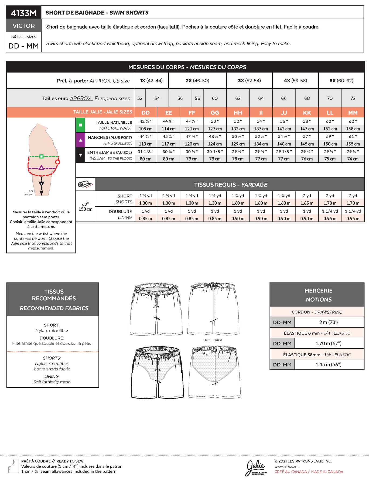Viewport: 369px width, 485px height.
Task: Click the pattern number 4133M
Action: tap(24, 13)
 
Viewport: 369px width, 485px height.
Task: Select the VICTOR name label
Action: tap(24, 26)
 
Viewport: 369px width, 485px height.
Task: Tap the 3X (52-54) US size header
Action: tap(249, 81)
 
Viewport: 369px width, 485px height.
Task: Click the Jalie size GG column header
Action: tap(215, 113)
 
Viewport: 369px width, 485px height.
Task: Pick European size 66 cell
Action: tap(284, 98)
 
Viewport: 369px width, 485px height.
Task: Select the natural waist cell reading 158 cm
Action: tap(353, 129)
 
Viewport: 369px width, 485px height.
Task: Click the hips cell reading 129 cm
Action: tap(238, 144)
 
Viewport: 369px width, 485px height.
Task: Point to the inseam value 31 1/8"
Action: tap(145, 152)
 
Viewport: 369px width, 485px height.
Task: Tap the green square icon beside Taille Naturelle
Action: tap(80, 125)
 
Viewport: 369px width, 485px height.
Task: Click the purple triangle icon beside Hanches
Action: tap(80, 140)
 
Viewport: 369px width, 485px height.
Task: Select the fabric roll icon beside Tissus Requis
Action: tap(85, 184)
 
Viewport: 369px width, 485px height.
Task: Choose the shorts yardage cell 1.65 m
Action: tap(307, 203)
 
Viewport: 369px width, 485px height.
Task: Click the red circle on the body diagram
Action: tap(57, 162)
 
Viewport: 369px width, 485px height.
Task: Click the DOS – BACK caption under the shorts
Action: tap(213, 340)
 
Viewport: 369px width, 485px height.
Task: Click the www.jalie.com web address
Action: tap(286, 466)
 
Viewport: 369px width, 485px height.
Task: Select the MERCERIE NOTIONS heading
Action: tap(318, 295)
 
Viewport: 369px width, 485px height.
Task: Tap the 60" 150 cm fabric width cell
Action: tap(85, 207)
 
